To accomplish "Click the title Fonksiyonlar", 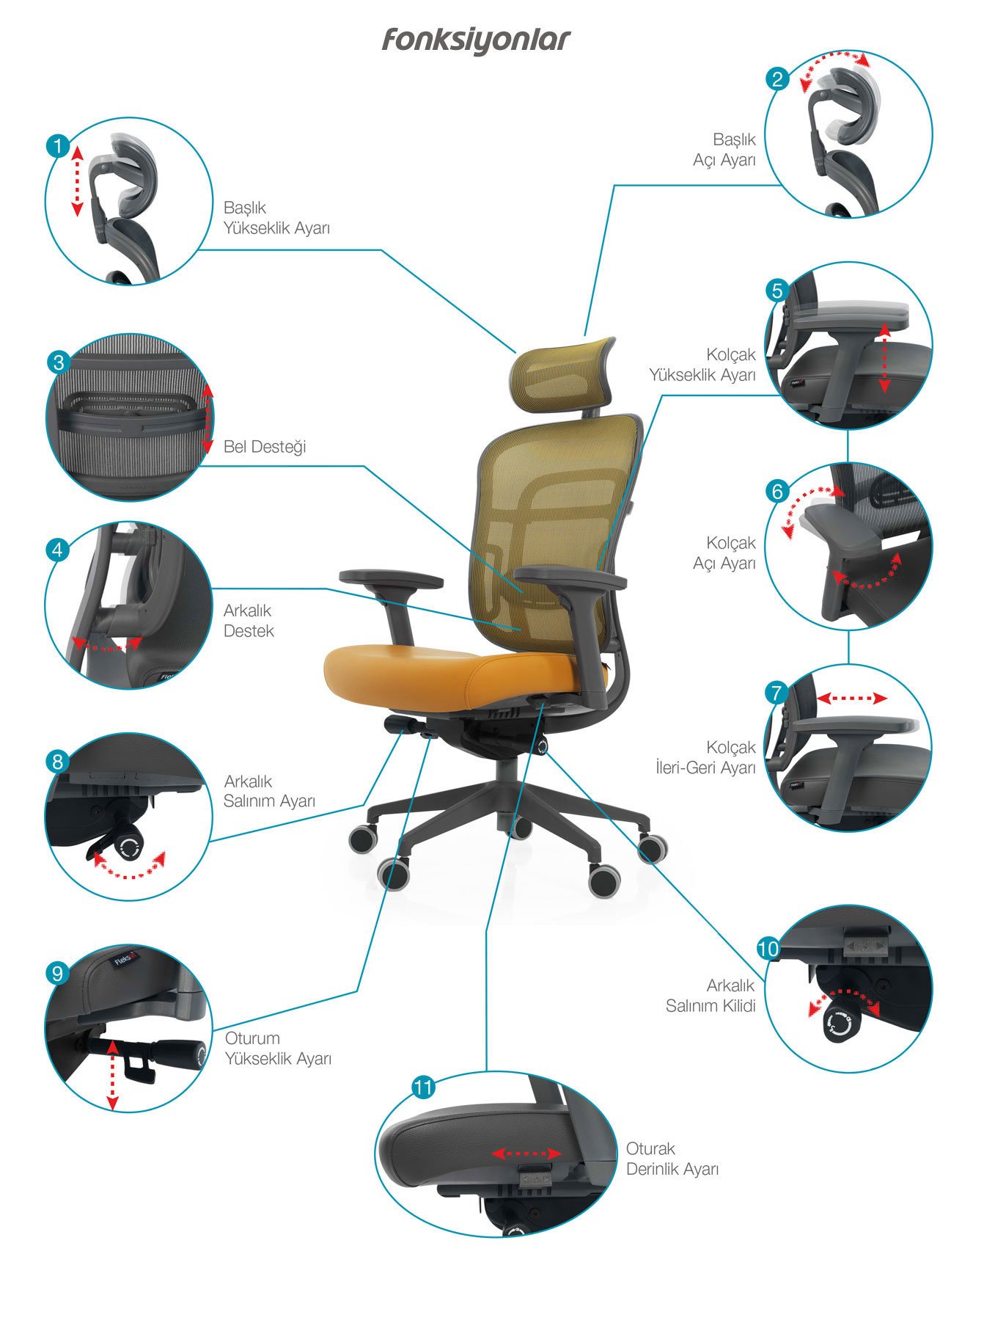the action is coord(475,41).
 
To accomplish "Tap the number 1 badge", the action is coord(57,145).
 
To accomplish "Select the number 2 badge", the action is coord(777,79).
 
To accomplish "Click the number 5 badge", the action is coord(777,291).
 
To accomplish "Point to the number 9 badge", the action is coord(57,973).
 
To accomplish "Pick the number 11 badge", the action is coord(424,1087).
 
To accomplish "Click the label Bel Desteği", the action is coord(265,447).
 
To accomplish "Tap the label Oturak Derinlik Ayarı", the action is coord(672,1159).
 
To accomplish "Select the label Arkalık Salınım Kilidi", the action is coord(711,996).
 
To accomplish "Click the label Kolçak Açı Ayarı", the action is coord(724,553).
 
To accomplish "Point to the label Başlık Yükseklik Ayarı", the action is coord(277,218).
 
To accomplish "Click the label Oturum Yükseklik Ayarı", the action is coord(278,1049).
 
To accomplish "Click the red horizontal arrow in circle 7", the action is coord(852,699).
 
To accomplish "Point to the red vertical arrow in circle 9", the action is coord(112,1074).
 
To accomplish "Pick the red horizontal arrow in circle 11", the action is coord(526,1154).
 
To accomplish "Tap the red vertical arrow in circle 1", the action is coord(77,181).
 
